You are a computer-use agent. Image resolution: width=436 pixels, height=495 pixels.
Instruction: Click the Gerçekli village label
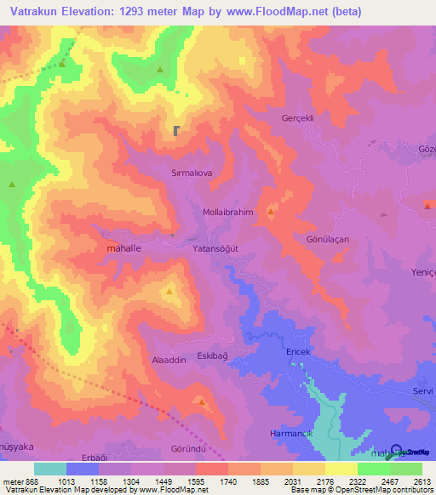(298, 118)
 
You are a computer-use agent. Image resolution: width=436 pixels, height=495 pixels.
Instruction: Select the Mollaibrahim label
(229, 213)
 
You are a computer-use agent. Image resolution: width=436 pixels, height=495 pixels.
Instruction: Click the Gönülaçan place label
(328, 240)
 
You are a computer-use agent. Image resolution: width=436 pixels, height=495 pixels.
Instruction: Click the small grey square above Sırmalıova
(176, 131)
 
